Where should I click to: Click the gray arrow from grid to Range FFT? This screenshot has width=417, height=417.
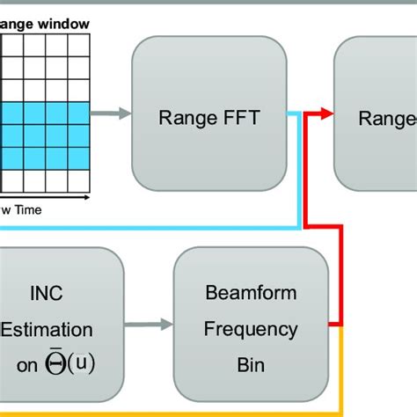click(109, 113)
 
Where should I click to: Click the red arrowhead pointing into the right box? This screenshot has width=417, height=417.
click(327, 113)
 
